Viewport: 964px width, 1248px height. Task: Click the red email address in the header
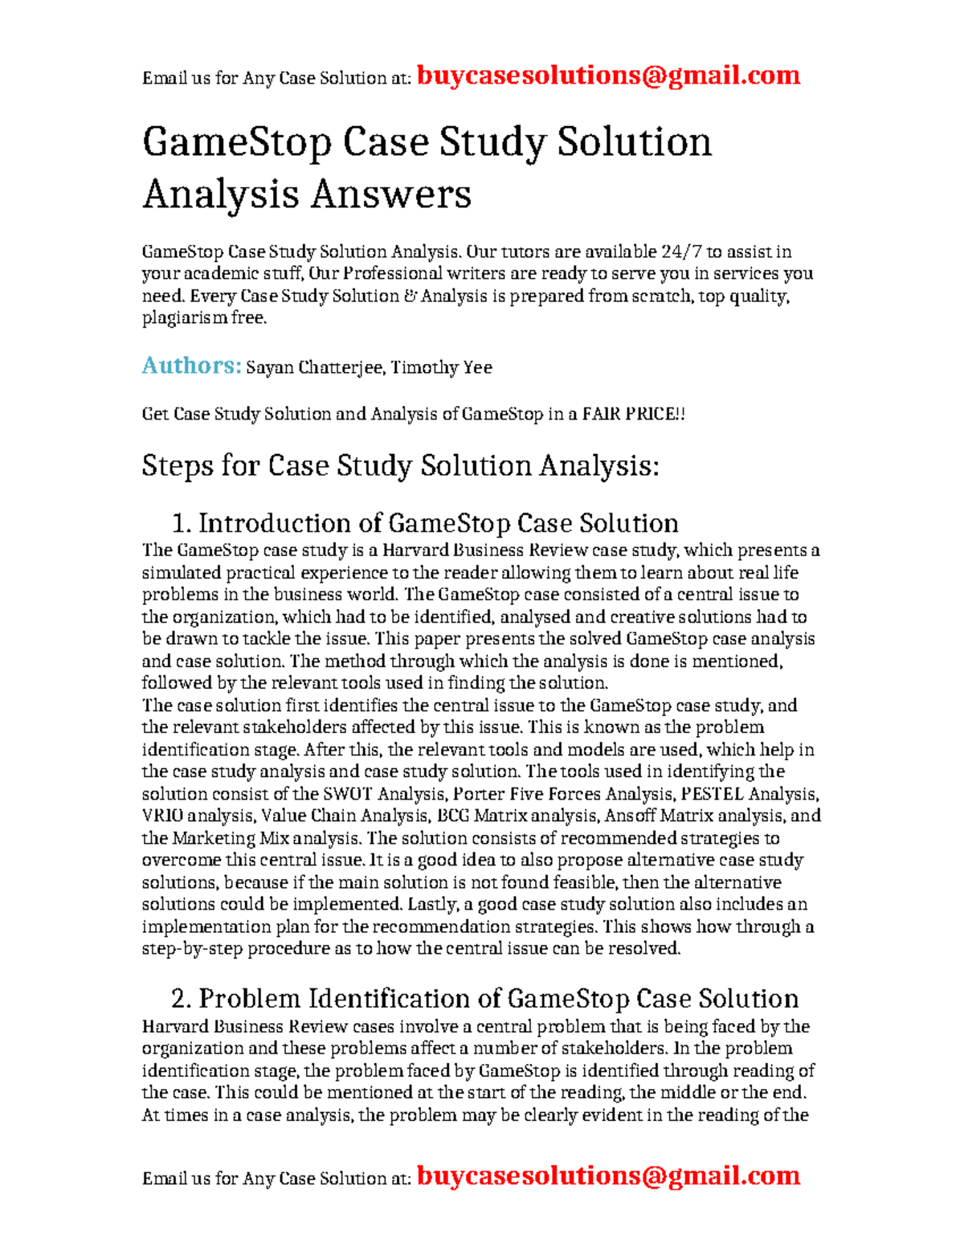[x=608, y=76]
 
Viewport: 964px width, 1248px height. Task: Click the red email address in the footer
[x=608, y=1176]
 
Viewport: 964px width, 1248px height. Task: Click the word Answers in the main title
[x=390, y=194]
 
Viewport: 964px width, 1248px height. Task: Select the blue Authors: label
[x=191, y=366]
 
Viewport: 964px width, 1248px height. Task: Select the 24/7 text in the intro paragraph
[x=681, y=252]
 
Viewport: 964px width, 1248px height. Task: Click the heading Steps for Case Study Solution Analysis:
[x=400, y=466]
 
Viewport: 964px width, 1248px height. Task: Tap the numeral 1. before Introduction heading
[x=182, y=524]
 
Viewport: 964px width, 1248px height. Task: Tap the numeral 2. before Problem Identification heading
[x=182, y=999]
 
